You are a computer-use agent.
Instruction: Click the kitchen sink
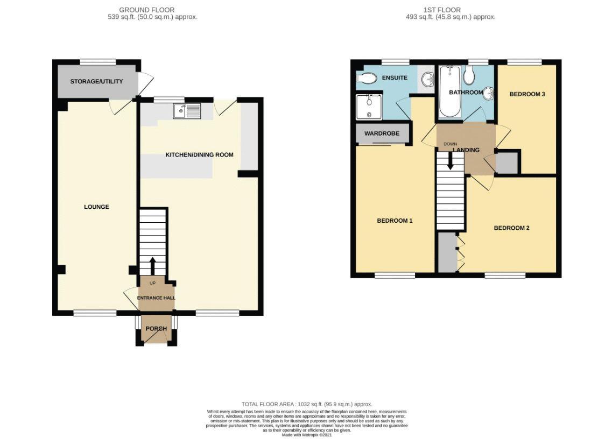click(x=187, y=111)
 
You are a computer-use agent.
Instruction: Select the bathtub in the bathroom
click(x=450, y=91)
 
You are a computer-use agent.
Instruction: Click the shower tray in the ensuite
click(x=369, y=107)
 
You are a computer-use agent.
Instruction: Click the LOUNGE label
click(x=96, y=207)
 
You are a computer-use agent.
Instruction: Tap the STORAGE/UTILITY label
click(x=96, y=81)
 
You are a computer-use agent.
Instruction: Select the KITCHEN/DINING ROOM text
click(x=199, y=155)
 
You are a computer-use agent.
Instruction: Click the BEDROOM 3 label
click(x=527, y=94)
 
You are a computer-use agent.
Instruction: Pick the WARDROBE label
click(x=382, y=133)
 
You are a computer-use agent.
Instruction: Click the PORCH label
click(x=157, y=329)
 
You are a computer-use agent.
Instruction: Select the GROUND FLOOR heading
click(x=147, y=10)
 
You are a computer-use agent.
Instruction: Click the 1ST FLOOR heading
click(x=442, y=10)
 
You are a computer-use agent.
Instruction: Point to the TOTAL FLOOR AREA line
click(x=307, y=404)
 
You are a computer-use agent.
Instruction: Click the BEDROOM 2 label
click(x=512, y=228)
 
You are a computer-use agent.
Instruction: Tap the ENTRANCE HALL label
click(x=157, y=298)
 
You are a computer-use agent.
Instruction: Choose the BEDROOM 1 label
click(x=395, y=221)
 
